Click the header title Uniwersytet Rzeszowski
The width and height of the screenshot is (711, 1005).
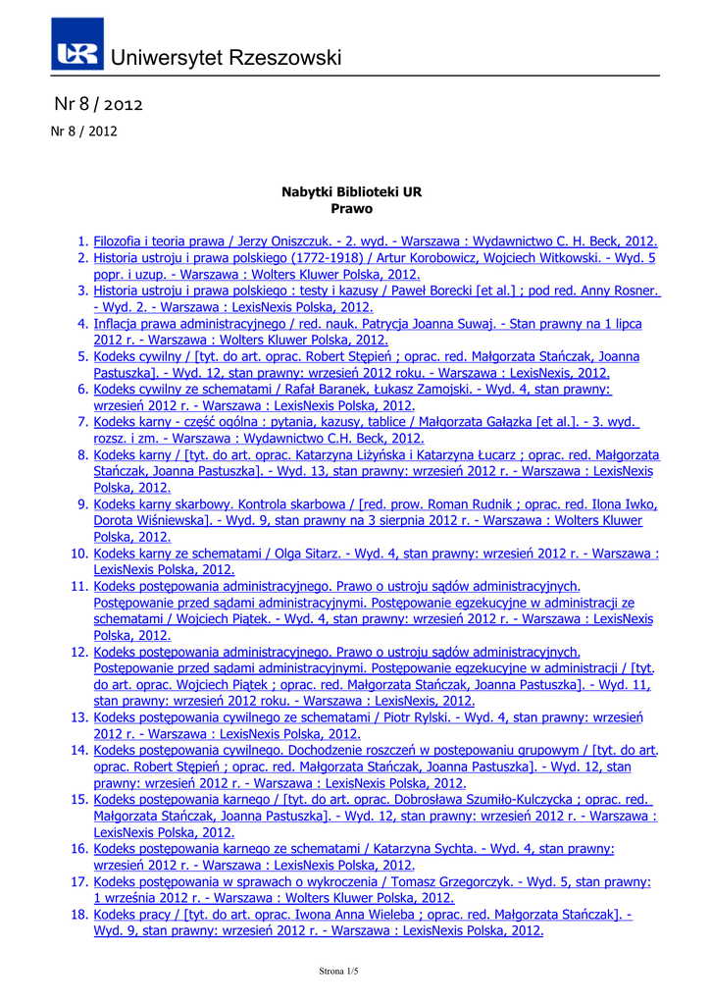tap(227, 58)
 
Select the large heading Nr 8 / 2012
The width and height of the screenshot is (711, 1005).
tap(99, 103)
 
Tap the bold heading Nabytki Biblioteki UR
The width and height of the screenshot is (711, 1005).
tap(352, 192)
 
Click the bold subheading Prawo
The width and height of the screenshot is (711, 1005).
tap(352, 209)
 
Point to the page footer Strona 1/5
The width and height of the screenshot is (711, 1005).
tap(338, 971)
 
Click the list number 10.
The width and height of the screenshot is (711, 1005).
tap(78, 555)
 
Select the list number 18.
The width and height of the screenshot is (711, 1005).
tap(78, 915)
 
